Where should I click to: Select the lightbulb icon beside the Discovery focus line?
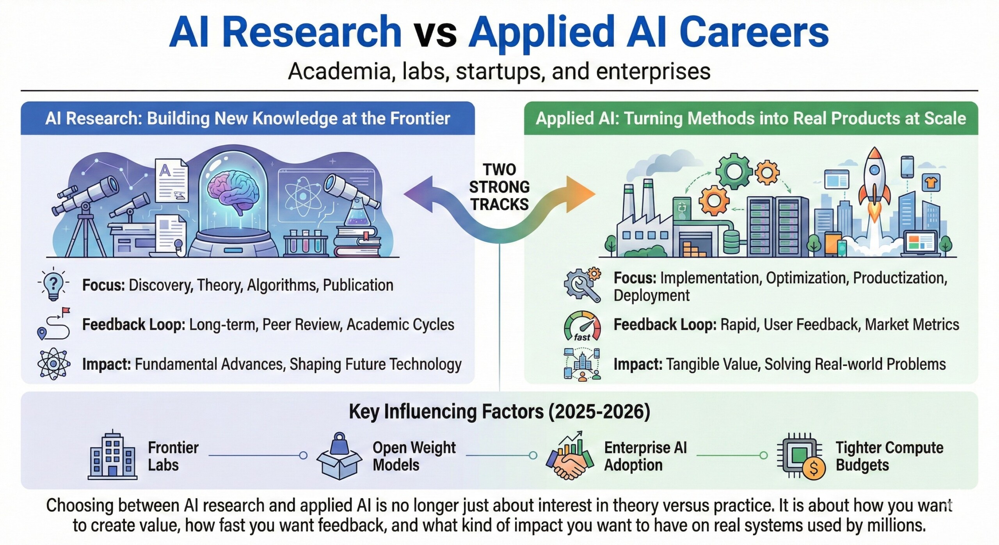54,285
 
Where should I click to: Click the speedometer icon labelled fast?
583,326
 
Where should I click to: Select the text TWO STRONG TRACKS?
499,187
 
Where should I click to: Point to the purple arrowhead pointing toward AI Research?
418,194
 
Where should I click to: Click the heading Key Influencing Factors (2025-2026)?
499,411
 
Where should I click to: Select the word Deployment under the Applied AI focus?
652,296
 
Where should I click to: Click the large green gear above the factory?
734,171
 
